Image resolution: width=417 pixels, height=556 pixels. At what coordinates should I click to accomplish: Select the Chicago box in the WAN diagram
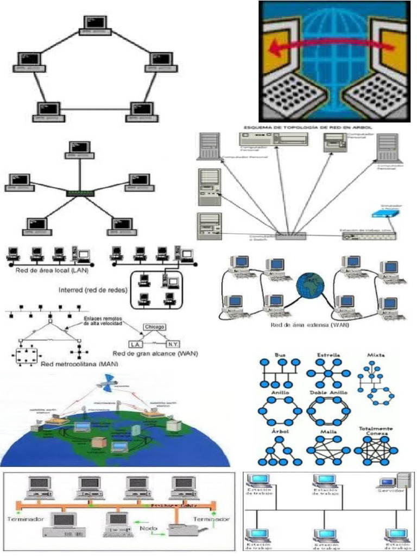click(x=155, y=327)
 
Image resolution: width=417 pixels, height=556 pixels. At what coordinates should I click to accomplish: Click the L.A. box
click(x=135, y=344)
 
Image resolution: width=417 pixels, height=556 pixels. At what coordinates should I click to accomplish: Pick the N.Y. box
click(x=172, y=344)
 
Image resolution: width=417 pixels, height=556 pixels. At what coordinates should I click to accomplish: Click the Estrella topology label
click(x=329, y=355)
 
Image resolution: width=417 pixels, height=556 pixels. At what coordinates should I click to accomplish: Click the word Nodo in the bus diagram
click(x=149, y=527)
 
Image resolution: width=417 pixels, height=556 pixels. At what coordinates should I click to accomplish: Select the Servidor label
click(x=390, y=490)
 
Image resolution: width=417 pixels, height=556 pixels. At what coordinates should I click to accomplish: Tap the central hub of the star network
click(x=79, y=193)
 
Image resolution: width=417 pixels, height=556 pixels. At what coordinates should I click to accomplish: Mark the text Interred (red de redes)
click(x=92, y=289)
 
